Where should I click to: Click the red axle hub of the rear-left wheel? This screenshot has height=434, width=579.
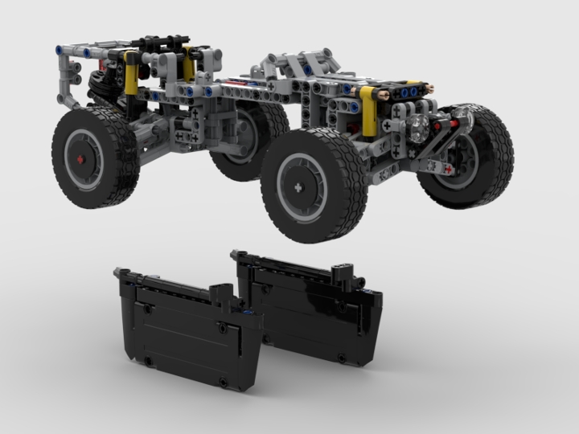(x=80, y=158)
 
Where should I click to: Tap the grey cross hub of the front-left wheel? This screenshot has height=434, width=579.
(x=298, y=188)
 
